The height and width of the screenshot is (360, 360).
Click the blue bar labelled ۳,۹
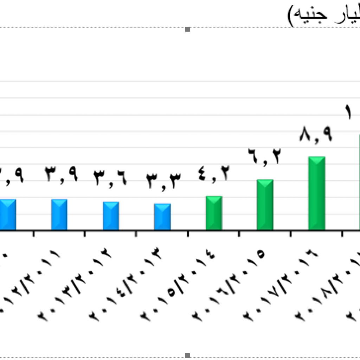[x=59, y=214]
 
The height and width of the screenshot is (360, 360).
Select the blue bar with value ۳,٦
[x=110, y=216]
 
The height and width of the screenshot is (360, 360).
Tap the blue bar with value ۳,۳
[x=162, y=217]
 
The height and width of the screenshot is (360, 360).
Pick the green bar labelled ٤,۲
[x=214, y=213]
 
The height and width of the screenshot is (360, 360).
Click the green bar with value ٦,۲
[x=265, y=205]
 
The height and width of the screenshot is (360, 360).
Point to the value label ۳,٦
[x=110, y=178]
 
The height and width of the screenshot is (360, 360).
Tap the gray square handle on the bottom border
[x=187, y=355]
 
